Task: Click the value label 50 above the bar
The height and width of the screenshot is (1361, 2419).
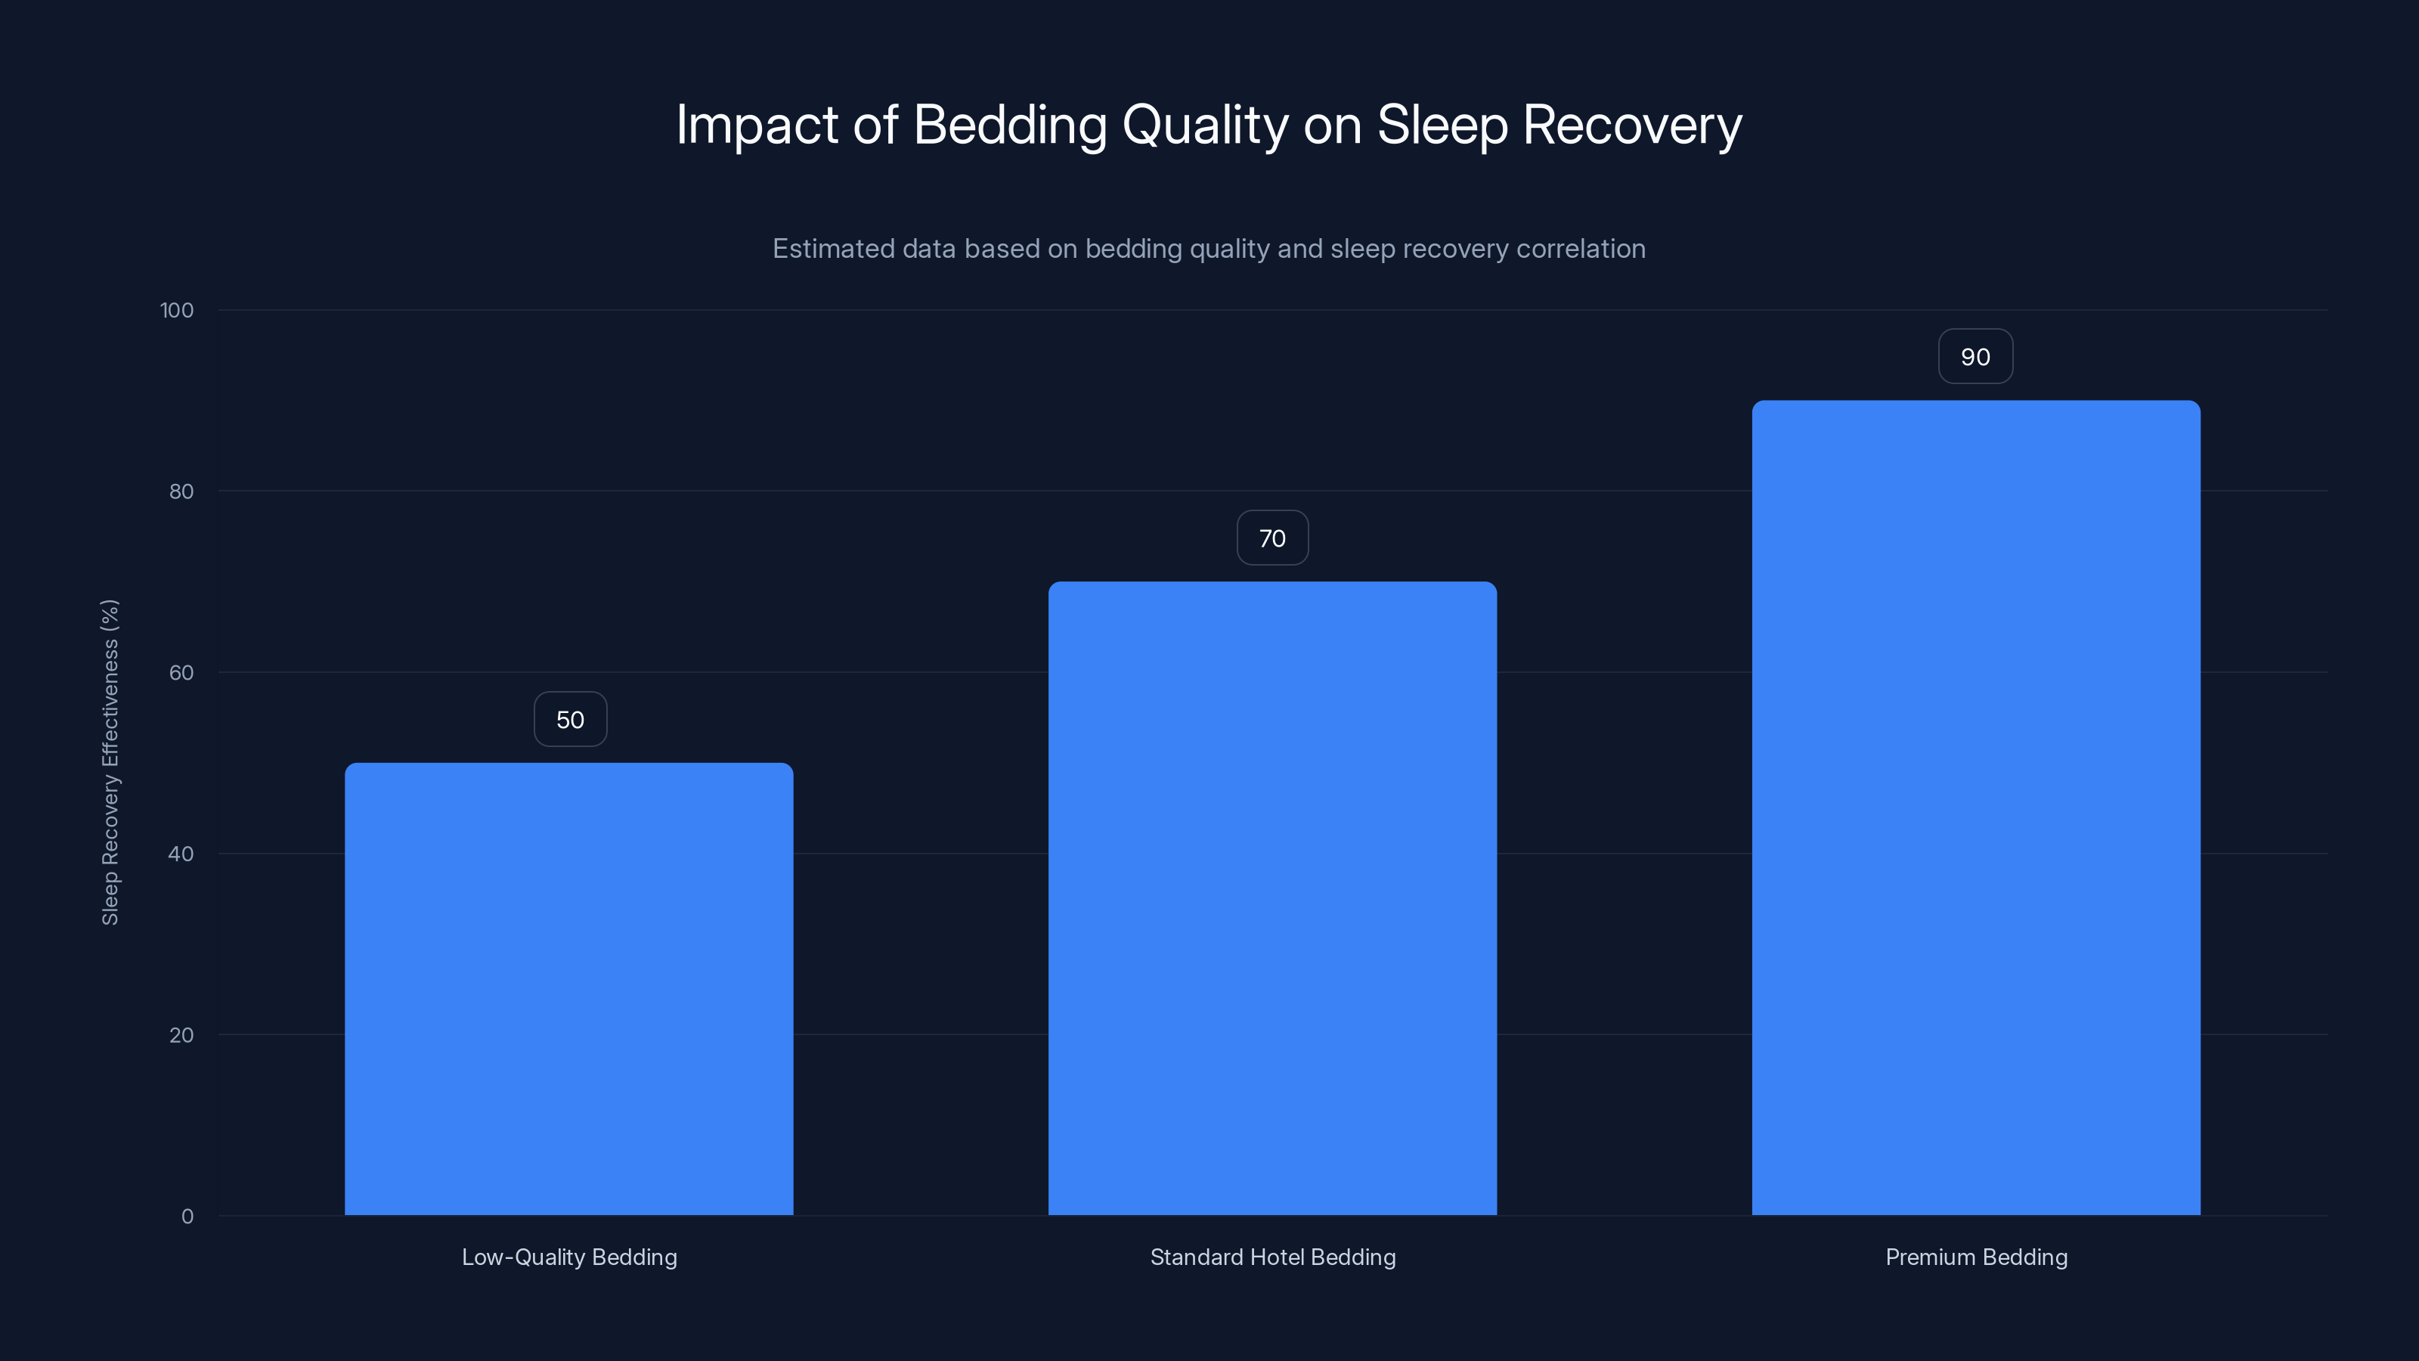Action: click(x=570, y=720)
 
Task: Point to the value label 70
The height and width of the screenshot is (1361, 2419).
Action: click(x=1271, y=538)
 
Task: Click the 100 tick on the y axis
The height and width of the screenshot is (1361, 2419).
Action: click(x=177, y=311)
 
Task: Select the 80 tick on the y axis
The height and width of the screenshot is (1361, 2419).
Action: click(x=181, y=492)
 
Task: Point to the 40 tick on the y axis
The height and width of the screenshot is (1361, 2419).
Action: click(x=181, y=854)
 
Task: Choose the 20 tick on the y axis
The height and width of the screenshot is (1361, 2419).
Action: click(x=181, y=1036)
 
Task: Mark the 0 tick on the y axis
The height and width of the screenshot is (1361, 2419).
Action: click(x=187, y=1217)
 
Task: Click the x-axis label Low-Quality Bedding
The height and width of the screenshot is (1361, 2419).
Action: click(x=569, y=1257)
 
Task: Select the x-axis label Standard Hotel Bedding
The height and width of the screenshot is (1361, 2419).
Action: click(x=1272, y=1257)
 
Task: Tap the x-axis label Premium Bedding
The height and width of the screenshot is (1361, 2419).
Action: click(x=1976, y=1257)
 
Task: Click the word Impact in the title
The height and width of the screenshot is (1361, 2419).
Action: click(x=756, y=125)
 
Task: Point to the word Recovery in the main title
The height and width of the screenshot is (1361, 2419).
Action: click(x=1631, y=125)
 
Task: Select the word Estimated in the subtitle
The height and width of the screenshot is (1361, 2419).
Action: click(x=833, y=249)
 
